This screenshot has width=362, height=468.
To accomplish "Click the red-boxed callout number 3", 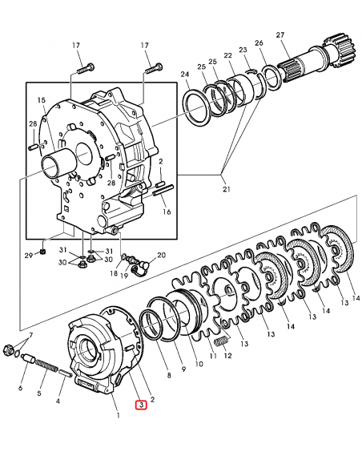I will [x=142, y=405].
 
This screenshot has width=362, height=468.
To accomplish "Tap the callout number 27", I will [x=280, y=34].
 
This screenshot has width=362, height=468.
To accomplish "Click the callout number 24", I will [x=185, y=75].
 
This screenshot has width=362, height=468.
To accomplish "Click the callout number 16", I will [x=167, y=212].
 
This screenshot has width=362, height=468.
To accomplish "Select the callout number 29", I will [x=28, y=256].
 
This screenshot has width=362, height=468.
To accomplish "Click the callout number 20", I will [x=161, y=256].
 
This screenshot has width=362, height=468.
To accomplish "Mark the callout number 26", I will [x=259, y=43].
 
